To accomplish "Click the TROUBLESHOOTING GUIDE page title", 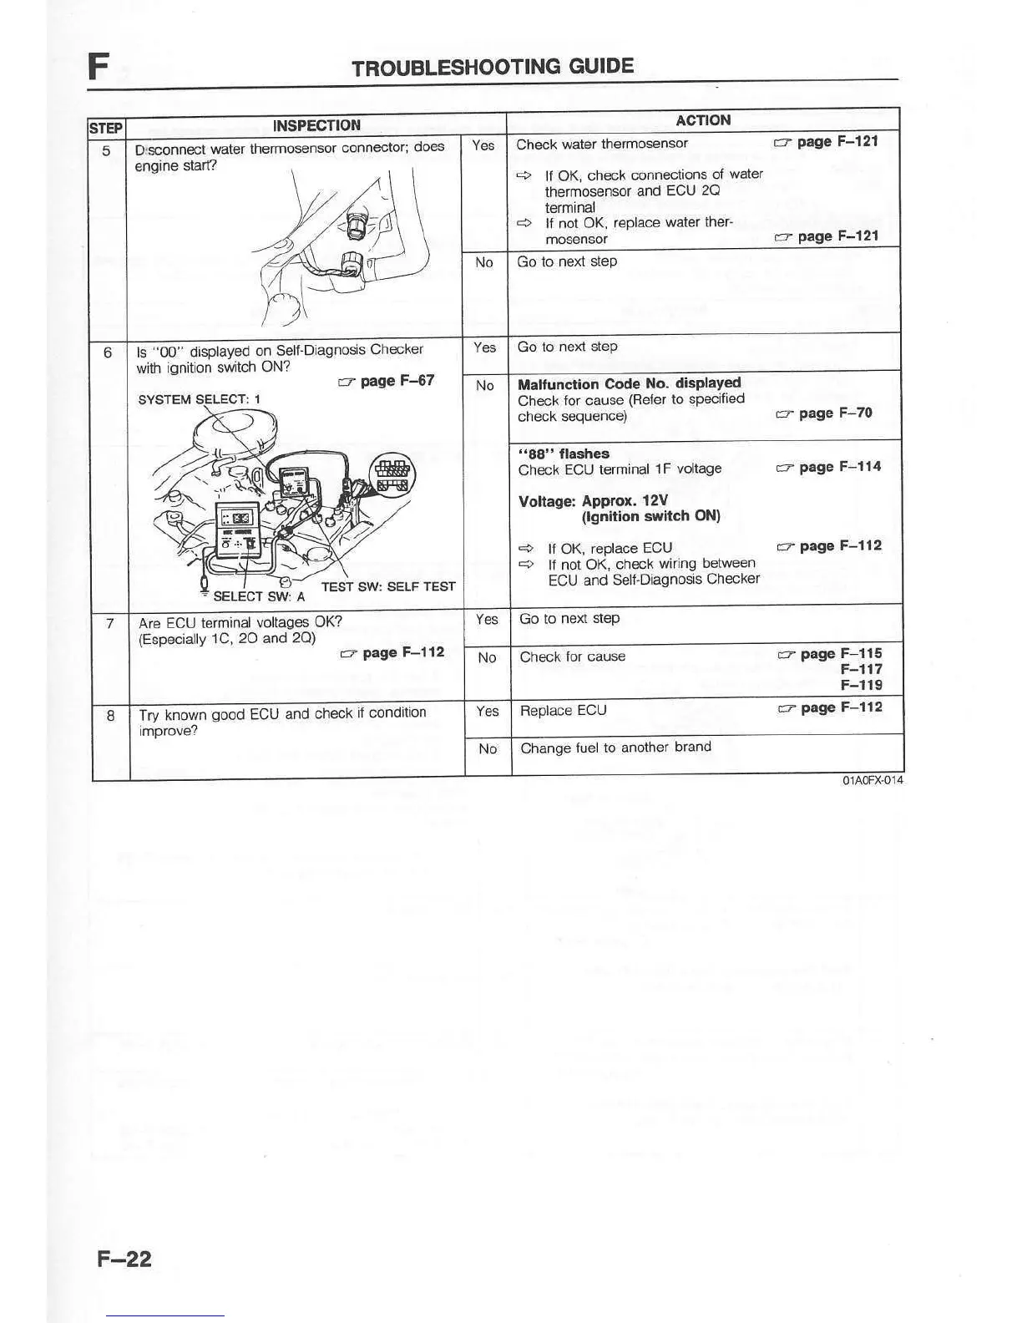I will pos(493,67).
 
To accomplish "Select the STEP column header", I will pos(106,128).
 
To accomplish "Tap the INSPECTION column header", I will pos(316,125).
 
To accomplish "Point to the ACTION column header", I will pos(703,120).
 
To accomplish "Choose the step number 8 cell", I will pos(110,715).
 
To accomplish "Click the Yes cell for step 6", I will pos(484,347).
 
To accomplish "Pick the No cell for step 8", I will pos(488,748).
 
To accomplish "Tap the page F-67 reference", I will pos(387,381).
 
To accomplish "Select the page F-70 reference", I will pos(824,413).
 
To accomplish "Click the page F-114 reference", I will pos(828,467).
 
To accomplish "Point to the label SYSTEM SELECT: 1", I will pos(199,399).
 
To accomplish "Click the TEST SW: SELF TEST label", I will pos(388,586).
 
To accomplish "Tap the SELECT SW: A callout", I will pos(259,596).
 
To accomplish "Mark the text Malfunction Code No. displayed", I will pos(629,384).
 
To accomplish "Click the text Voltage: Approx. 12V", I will pos(593,501).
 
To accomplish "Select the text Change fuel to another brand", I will pos(615,748).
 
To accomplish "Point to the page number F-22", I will pos(124,1258).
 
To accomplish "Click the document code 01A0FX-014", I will pos(872,781).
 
